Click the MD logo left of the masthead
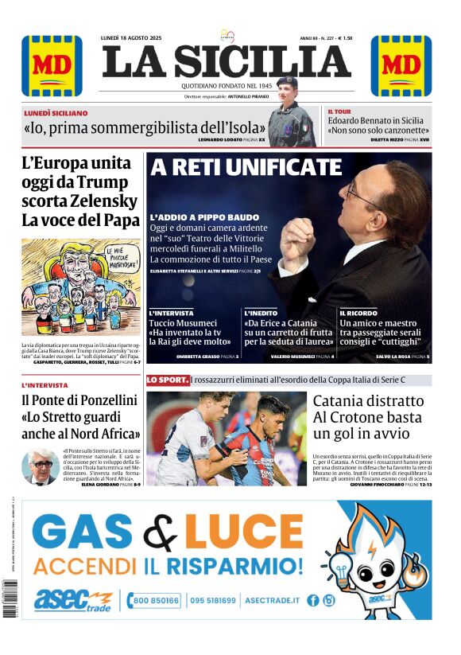(x=52, y=66)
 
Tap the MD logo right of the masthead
(x=401, y=66)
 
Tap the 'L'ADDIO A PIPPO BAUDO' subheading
(x=204, y=217)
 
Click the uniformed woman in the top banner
(x=289, y=119)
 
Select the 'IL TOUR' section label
(x=340, y=111)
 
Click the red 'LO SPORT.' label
(x=168, y=380)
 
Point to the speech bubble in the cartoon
(x=101, y=256)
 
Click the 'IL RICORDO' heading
(x=358, y=313)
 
